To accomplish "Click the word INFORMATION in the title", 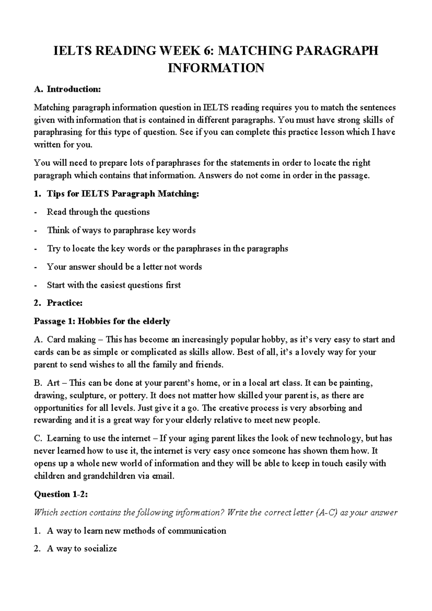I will click(x=216, y=68).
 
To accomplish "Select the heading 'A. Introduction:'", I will click(x=67, y=89).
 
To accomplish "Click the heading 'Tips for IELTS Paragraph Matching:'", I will click(x=122, y=194).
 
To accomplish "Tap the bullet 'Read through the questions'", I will click(x=98, y=212).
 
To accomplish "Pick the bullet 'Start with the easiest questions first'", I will click(x=114, y=285).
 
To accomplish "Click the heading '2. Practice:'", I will click(x=59, y=303).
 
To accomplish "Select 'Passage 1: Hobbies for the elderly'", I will click(x=102, y=321).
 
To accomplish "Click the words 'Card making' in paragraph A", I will click(x=71, y=340).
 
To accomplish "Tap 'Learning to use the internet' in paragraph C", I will click(x=99, y=439).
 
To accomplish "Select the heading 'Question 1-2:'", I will click(x=61, y=494).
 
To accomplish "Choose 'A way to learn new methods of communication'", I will click(x=136, y=531).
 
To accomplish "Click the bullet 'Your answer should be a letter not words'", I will click(x=124, y=267).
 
